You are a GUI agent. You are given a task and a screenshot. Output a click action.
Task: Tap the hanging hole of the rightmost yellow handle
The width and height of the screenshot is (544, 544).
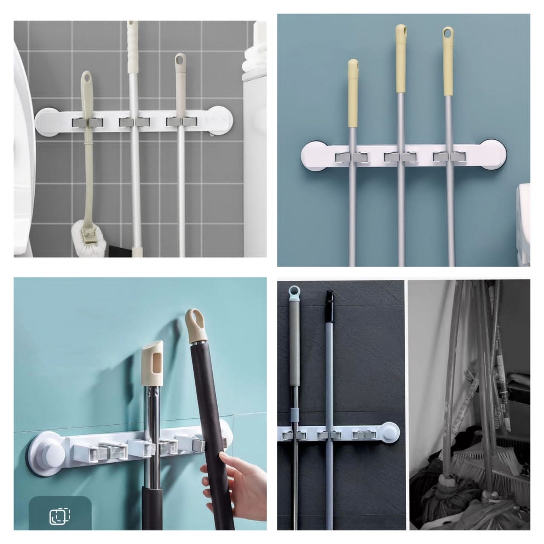[x=448, y=33]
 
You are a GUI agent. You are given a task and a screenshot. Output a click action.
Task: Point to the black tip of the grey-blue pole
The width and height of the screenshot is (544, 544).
[x=330, y=297]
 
